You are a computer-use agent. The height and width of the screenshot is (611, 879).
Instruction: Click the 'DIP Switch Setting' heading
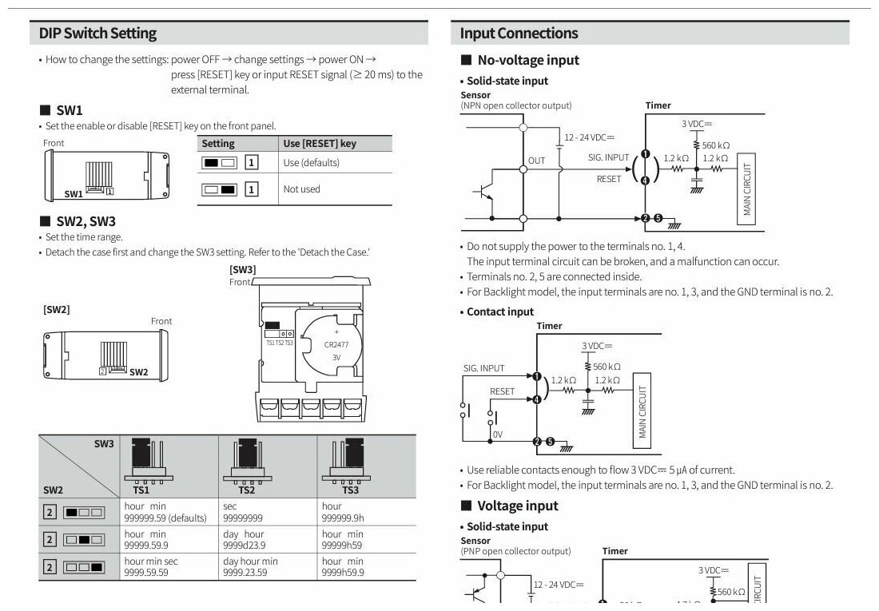(97, 33)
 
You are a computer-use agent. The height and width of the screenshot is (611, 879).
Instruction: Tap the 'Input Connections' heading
(519, 33)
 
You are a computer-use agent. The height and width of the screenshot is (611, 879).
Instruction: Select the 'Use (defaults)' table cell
(311, 163)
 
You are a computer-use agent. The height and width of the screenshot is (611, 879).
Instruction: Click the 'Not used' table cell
(301, 189)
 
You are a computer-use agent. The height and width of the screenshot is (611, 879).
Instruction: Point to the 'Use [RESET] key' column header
(320, 144)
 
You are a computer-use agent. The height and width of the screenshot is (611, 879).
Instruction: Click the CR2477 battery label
(336, 345)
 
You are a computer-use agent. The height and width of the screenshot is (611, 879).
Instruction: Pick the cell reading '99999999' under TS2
(243, 518)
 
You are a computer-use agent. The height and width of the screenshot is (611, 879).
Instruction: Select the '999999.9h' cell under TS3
(343, 518)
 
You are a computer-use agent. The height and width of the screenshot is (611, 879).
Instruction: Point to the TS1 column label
(141, 490)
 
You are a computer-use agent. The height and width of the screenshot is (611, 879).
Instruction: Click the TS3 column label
(350, 490)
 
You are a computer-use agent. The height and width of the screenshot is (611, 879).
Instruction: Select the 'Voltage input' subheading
(518, 506)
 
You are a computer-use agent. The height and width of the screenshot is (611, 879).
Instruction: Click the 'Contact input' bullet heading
(500, 311)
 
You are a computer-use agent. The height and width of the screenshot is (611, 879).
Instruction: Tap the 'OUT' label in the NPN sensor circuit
(536, 161)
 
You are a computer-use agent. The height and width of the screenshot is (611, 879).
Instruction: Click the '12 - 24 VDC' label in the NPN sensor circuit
(589, 137)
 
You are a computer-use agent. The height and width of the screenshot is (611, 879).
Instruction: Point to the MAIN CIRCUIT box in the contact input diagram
(642, 411)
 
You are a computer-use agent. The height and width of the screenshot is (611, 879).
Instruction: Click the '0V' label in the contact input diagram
(498, 434)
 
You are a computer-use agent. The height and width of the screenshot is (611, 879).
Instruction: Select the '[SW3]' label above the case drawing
(243, 269)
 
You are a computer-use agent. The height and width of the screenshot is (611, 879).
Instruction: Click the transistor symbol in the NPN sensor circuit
(483, 192)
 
